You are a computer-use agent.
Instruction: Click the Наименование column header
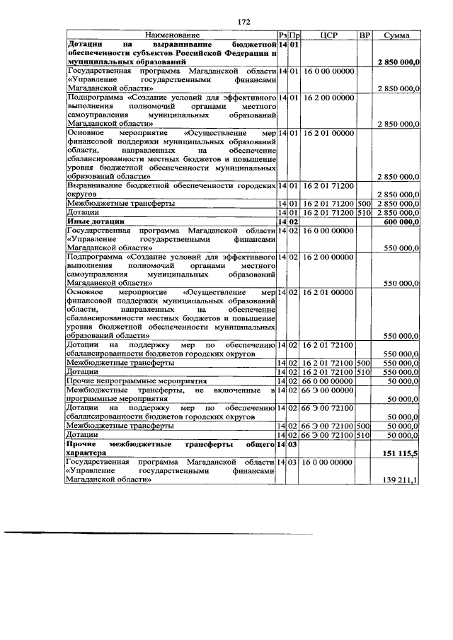click(173, 35)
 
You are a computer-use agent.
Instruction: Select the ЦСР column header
click(327, 35)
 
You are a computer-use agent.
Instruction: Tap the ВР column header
click(364, 35)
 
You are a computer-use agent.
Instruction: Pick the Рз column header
click(282, 35)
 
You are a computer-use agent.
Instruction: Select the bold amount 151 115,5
click(401, 453)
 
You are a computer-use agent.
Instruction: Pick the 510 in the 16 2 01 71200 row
click(364, 212)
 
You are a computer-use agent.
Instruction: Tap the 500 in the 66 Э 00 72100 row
click(364, 426)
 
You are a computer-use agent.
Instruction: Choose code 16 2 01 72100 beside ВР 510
click(327, 371)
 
